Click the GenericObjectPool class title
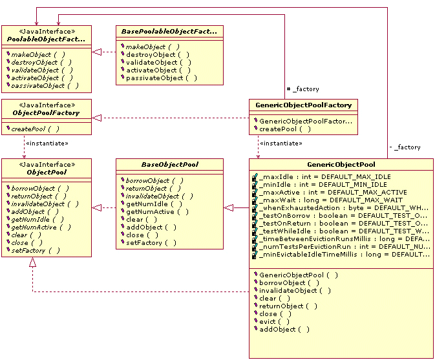click(341, 164)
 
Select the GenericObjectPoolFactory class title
click(303, 105)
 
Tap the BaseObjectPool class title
click(169, 165)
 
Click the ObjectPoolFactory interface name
click(46, 113)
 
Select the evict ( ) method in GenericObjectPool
click(274, 321)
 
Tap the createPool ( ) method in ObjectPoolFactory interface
click(35, 129)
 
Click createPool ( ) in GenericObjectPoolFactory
click(285, 129)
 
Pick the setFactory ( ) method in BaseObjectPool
click(152, 243)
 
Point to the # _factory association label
click(302, 89)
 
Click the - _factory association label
click(405, 147)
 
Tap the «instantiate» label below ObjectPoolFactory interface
click(46, 143)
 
